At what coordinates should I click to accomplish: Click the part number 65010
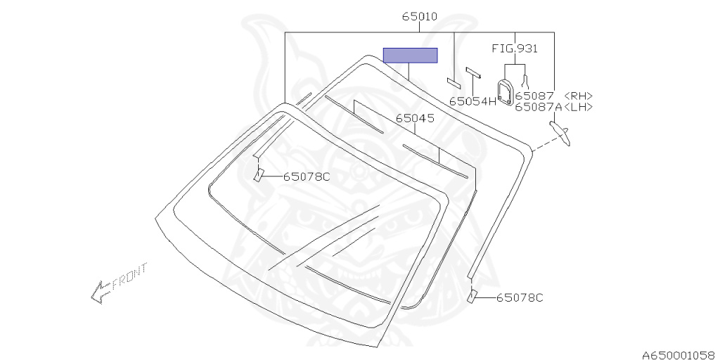(x=420, y=17)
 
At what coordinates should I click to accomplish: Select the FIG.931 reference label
(x=515, y=49)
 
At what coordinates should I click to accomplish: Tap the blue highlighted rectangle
(x=410, y=55)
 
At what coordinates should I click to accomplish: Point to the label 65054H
(x=473, y=101)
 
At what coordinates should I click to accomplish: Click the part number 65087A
(x=539, y=107)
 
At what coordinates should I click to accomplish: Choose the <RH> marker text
(x=578, y=96)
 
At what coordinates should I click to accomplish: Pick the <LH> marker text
(x=578, y=107)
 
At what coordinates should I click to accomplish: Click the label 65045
(x=415, y=118)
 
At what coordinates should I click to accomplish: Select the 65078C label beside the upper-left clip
(x=307, y=176)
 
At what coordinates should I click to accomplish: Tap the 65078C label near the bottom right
(x=520, y=297)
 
